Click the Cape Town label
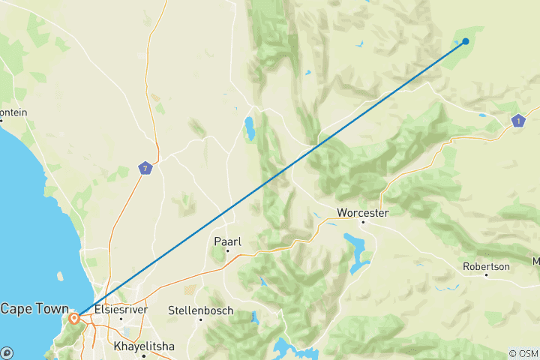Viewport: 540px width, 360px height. coord(34,309)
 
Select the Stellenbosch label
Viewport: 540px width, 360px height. coord(200,310)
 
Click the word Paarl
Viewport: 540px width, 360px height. coord(227,241)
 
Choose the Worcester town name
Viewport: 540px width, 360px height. coord(363,212)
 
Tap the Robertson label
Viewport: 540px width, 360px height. coord(486,266)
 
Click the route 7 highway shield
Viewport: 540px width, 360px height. coord(145,168)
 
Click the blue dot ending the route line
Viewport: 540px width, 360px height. coord(466,41)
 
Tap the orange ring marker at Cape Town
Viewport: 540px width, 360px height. coord(74,319)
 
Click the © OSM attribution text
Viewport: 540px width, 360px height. coord(523,353)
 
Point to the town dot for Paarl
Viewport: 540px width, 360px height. coord(227,250)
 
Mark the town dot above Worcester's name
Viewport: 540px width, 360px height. coord(363,222)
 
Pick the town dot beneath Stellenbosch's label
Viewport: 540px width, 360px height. coord(200,319)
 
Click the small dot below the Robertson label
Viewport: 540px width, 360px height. coord(486,275)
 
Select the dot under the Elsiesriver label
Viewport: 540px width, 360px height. coord(120,319)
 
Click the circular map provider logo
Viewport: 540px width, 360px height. coord(7,352)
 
